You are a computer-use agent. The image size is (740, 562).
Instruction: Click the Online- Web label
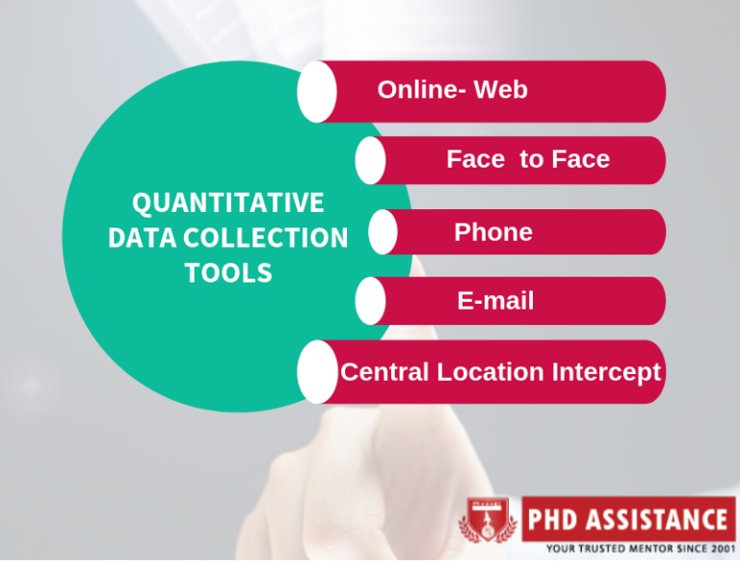(x=452, y=90)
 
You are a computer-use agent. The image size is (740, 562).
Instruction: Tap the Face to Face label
(x=528, y=159)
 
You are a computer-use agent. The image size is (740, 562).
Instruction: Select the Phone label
(x=492, y=232)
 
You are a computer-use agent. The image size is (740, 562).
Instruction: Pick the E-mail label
(x=495, y=302)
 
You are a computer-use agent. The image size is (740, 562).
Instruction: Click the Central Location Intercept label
(x=501, y=371)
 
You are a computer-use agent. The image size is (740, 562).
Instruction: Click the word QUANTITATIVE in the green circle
(x=227, y=203)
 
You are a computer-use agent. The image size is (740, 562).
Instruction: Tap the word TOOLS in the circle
(x=228, y=273)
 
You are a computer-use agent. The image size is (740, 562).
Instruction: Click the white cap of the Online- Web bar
(x=317, y=92)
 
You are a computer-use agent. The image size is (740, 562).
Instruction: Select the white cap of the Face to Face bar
(x=370, y=160)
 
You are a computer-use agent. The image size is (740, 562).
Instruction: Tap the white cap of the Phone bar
(x=383, y=232)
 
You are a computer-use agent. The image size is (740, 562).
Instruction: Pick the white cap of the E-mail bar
(x=370, y=302)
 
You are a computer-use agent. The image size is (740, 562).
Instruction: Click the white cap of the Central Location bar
(x=317, y=371)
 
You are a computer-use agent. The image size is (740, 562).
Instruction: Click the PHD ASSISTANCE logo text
(x=626, y=522)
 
